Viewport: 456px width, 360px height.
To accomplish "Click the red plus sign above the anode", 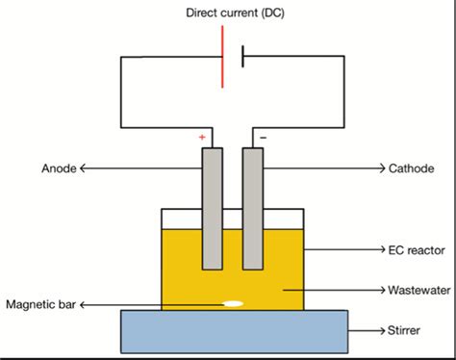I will click(202, 138).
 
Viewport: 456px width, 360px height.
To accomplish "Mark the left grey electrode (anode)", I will click(212, 207).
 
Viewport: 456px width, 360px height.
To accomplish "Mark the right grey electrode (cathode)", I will click(253, 207).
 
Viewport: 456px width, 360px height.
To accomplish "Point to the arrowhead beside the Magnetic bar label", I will click(84, 305).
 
